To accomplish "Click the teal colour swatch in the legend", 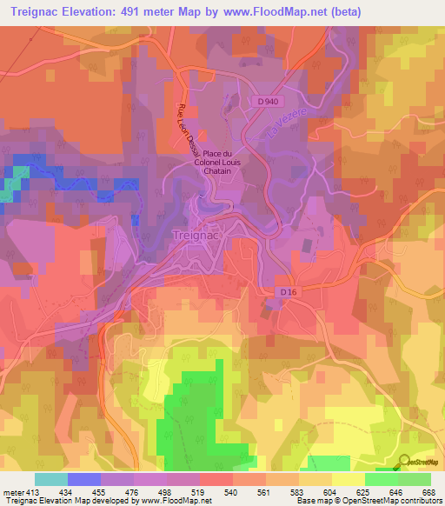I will point(51,479).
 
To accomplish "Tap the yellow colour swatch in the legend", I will point(348,479).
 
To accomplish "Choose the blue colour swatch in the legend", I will point(84,479).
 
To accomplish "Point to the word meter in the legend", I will point(15,491).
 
